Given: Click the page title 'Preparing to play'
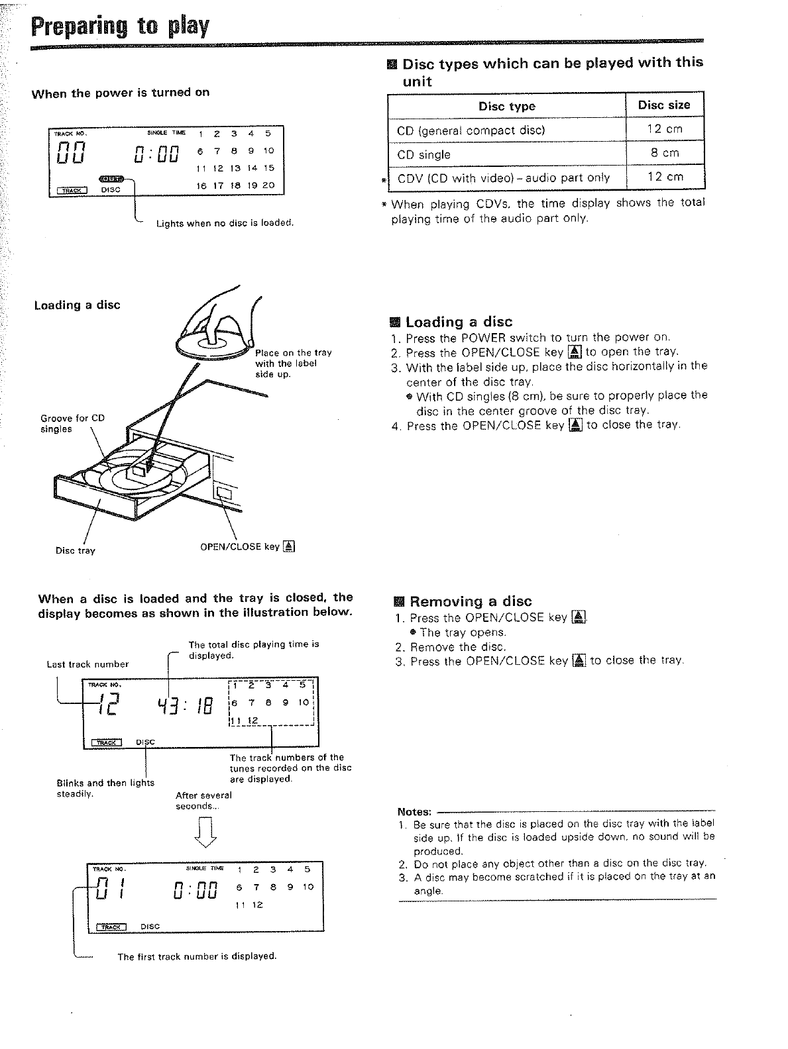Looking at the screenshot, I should point(120,27).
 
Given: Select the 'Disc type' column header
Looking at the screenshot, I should point(506,107).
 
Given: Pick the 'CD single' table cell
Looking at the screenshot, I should point(423,155).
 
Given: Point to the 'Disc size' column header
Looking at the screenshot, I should point(664,105).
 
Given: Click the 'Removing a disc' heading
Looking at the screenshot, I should point(470,601).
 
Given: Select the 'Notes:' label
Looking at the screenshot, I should point(414,811).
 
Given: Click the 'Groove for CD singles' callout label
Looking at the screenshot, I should point(72,424).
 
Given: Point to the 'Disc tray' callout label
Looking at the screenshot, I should point(75,550).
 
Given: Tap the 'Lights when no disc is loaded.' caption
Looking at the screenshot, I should point(224,223).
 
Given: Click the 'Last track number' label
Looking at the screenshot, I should point(87,664).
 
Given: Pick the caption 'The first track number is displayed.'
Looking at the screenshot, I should point(196,956).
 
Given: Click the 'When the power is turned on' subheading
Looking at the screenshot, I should point(121,93).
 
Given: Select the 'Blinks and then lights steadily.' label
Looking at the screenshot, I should point(105,788).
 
